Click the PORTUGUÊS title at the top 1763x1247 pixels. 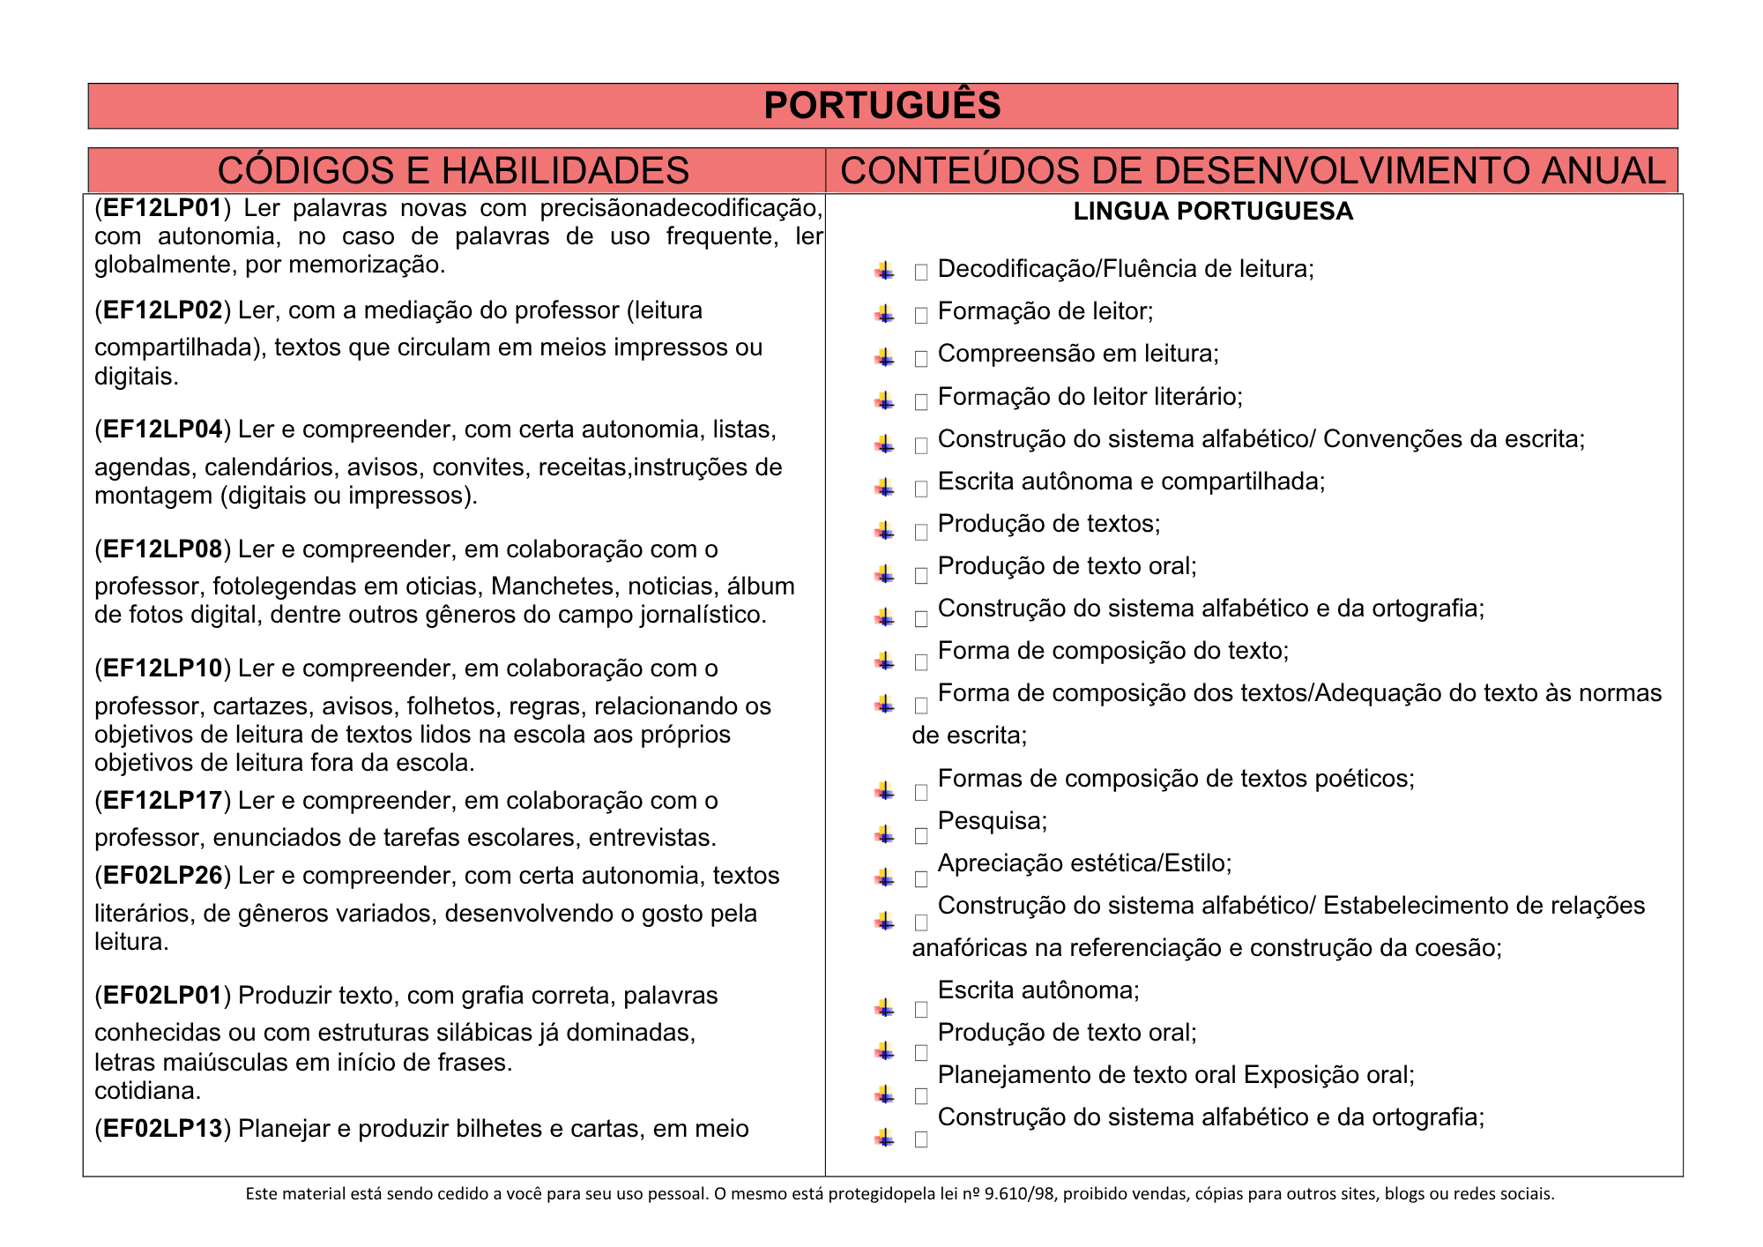(x=881, y=106)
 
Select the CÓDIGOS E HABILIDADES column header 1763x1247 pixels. (x=453, y=170)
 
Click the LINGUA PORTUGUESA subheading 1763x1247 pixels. (x=1213, y=212)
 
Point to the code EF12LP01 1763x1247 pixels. (x=162, y=208)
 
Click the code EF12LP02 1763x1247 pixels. (x=162, y=310)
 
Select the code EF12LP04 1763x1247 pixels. (x=162, y=429)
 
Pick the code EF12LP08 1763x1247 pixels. (x=162, y=549)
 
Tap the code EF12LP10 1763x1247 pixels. (x=162, y=668)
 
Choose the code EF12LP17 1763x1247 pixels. (x=162, y=801)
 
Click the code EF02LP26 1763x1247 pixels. (x=162, y=876)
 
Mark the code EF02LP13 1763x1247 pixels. (x=162, y=1129)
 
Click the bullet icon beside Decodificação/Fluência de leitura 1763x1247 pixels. (x=885, y=271)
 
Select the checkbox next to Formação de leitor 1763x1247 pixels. (x=921, y=315)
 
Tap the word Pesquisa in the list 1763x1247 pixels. (x=991, y=821)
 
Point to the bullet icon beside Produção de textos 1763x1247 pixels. (x=885, y=530)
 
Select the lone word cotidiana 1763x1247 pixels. (x=147, y=1091)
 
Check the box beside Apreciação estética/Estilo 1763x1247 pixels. (x=921, y=878)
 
